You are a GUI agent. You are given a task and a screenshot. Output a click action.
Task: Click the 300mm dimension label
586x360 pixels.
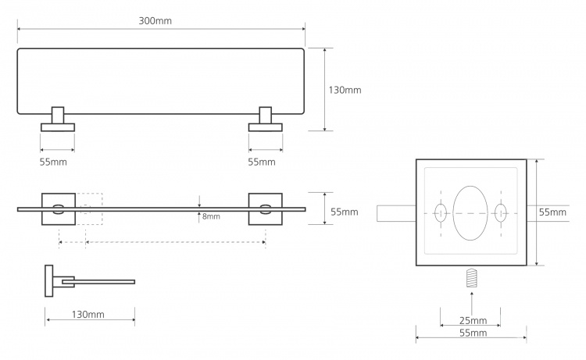(x=155, y=21)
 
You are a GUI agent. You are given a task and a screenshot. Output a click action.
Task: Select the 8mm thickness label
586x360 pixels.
(x=211, y=216)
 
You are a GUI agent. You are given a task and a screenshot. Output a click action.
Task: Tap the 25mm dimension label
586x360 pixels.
(x=473, y=320)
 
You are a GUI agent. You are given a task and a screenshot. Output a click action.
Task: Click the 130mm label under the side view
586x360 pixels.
(x=88, y=315)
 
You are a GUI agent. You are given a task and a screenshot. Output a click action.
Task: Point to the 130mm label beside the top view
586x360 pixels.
(x=345, y=90)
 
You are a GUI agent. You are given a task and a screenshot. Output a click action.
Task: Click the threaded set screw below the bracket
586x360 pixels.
(x=473, y=278)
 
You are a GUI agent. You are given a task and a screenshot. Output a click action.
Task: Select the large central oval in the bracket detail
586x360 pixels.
(x=470, y=213)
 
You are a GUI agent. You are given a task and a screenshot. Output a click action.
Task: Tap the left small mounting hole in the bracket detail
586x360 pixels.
(x=441, y=213)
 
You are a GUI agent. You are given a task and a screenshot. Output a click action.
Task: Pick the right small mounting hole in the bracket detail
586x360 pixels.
(x=500, y=213)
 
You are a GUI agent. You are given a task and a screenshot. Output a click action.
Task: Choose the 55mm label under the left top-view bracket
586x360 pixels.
(x=53, y=162)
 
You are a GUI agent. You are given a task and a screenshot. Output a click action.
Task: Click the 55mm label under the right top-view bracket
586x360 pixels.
(x=262, y=162)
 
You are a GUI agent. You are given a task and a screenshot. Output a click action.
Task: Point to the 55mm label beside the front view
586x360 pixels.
(x=345, y=212)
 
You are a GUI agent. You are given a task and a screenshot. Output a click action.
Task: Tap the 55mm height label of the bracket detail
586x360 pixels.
(x=552, y=212)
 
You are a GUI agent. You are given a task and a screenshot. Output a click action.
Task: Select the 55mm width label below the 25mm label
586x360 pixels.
(x=473, y=333)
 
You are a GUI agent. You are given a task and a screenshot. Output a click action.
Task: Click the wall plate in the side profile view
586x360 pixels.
(x=49, y=281)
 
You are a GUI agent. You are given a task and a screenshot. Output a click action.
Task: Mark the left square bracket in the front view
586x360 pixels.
(x=59, y=209)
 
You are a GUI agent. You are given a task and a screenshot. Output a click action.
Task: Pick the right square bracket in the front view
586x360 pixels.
(x=266, y=209)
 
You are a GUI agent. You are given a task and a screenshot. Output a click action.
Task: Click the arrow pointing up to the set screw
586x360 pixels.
(x=472, y=303)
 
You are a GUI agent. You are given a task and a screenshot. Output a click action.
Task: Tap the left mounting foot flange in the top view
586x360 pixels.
(x=58, y=127)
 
